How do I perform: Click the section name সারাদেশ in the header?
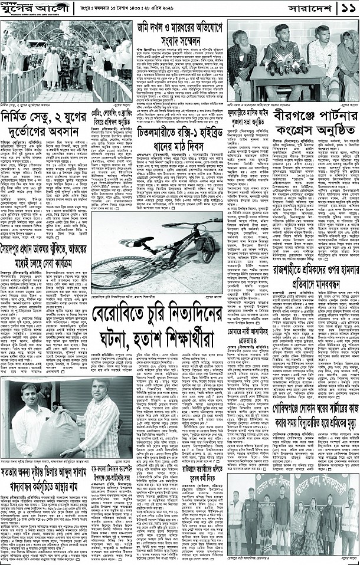click(306, 10)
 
